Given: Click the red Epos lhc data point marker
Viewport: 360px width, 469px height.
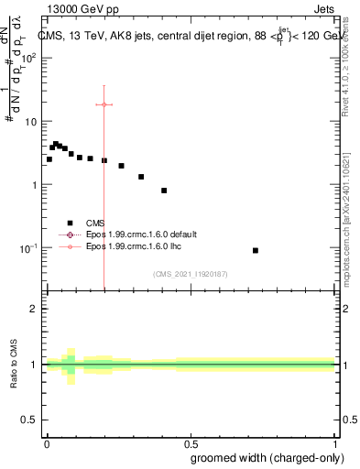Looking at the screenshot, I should [x=104, y=104].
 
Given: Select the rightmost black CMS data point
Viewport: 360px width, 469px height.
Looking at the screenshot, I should [x=256, y=250].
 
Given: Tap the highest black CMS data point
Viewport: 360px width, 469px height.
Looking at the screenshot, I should [x=56, y=144].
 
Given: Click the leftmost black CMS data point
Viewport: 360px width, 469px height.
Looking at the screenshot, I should [x=49, y=159].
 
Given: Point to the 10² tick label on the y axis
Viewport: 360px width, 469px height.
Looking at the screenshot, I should [x=28, y=57].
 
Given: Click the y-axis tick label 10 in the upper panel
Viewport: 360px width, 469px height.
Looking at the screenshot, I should [x=30, y=121].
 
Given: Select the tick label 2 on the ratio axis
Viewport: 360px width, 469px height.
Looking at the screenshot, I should [x=34, y=309].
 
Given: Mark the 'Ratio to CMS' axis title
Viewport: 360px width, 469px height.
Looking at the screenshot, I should [x=13, y=365].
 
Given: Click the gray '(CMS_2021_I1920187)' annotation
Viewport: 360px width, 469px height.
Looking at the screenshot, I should [x=191, y=274].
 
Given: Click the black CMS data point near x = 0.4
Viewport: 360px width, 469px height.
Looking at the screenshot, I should [x=164, y=191].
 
